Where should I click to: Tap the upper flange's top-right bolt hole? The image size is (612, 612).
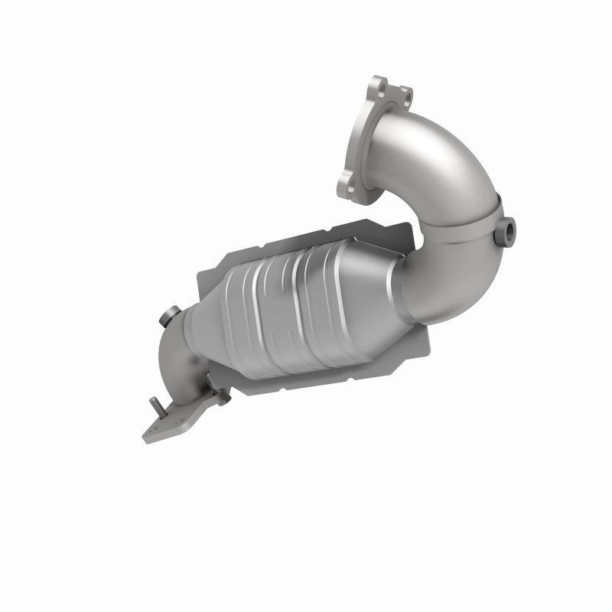406,96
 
